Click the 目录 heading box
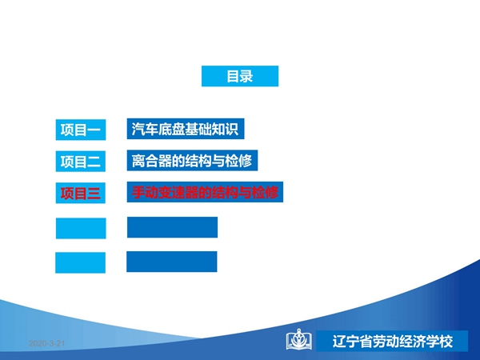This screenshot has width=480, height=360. tap(240, 76)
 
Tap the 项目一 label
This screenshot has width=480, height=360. tap(81, 130)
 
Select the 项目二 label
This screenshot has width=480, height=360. tap(81, 162)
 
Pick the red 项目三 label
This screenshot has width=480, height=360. tap(81, 193)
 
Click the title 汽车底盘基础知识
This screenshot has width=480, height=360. tap(186, 129)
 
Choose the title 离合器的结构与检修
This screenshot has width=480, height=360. tap(192, 161)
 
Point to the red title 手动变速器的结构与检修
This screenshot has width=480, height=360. tap(205, 192)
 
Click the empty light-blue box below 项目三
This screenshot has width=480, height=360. tap(81, 228)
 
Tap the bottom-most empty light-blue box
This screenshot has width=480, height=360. tap(80, 262)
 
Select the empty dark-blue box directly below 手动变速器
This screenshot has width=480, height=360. tap(172, 227)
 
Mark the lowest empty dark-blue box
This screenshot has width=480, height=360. tap(172, 262)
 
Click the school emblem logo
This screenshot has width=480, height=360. tap(299, 339)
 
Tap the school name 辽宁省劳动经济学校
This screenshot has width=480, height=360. tap(393, 342)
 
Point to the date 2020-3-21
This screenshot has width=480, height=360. tap(47, 343)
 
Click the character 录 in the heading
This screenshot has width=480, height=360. tap(246, 76)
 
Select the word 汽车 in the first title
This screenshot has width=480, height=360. tap(145, 129)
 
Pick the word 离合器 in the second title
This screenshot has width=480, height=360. tap(151, 161)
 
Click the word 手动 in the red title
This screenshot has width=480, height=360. tap(145, 192)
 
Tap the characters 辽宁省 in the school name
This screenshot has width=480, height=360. tap(352, 342)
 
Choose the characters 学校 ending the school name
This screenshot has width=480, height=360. tap(439, 342)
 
